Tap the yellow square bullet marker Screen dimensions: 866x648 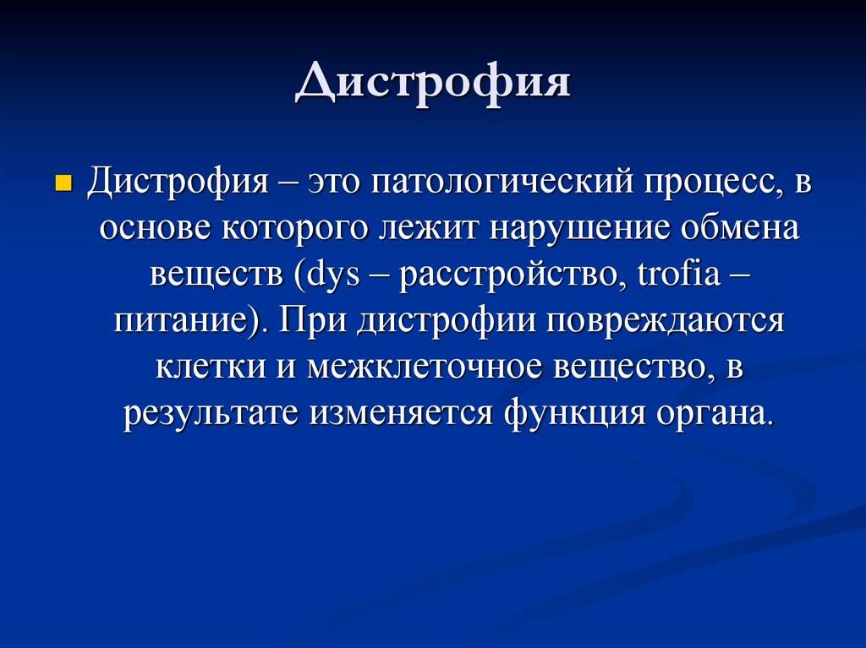(x=64, y=182)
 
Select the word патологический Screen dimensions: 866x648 (x=502, y=182)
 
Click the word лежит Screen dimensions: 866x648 (x=429, y=229)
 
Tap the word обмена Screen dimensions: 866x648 (x=739, y=228)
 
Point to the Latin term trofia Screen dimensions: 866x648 (x=679, y=274)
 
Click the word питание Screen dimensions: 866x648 (x=182, y=320)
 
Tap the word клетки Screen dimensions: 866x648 (x=211, y=367)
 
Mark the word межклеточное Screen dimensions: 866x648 (x=425, y=367)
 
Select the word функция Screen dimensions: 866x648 (x=575, y=414)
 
